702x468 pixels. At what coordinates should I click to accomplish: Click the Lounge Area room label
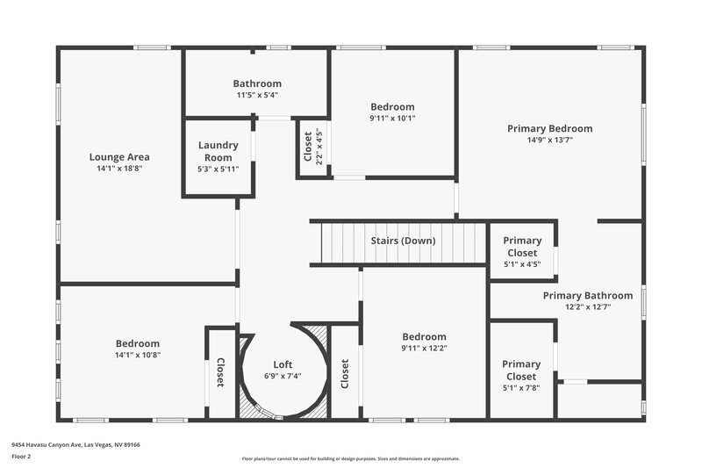(119, 157)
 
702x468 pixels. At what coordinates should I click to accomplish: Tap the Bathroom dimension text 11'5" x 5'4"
(257, 95)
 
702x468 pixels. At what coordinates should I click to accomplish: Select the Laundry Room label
(218, 151)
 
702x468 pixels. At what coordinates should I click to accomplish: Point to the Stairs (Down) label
(402, 241)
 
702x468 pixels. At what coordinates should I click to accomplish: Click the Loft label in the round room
(283, 364)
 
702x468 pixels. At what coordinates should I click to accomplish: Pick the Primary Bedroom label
(549, 128)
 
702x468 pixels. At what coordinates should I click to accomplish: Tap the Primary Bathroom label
(587, 296)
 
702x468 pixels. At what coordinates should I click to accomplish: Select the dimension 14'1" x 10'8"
(137, 355)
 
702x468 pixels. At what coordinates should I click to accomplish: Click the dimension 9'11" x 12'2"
(424, 348)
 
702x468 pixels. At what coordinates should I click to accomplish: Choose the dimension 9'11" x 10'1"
(392, 118)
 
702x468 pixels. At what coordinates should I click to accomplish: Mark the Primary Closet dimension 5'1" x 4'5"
(522, 263)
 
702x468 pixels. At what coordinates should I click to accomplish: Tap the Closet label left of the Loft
(220, 373)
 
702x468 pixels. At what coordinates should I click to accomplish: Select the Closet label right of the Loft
(345, 373)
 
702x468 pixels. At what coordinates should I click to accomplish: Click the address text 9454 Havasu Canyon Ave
(75, 444)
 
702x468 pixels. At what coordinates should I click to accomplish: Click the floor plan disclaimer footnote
(350, 458)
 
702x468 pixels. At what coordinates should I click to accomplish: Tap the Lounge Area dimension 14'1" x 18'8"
(119, 168)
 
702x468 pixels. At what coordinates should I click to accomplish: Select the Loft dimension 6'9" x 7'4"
(283, 376)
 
